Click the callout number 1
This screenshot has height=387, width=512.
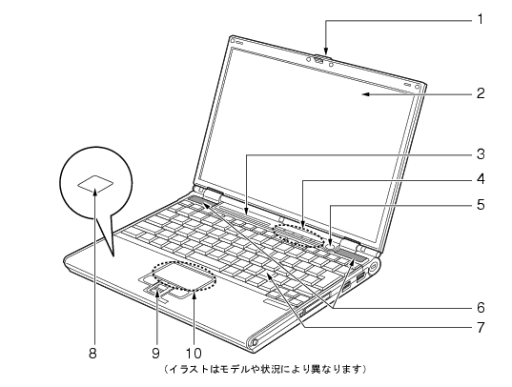(480, 20)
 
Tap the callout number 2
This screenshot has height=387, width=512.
(481, 93)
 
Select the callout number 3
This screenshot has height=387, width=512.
(481, 153)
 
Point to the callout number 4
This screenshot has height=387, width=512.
(481, 179)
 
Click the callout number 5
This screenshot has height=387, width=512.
(481, 205)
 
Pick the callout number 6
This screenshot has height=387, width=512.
(481, 307)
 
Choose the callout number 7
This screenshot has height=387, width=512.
(481, 327)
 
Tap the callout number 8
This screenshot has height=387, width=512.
(92, 353)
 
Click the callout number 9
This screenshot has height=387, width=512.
(155, 353)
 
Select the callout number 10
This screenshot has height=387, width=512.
(194, 353)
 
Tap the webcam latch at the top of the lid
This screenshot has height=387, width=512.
(319, 60)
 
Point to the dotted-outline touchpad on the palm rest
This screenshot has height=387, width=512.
(184, 275)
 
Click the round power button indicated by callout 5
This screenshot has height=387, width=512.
(331, 247)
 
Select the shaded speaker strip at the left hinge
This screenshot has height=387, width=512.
(201, 201)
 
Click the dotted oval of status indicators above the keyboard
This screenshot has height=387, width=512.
(299, 235)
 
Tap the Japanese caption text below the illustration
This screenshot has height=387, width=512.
(264, 369)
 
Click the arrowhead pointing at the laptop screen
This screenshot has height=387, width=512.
(366, 94)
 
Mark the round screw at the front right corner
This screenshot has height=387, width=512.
(255, 342)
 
